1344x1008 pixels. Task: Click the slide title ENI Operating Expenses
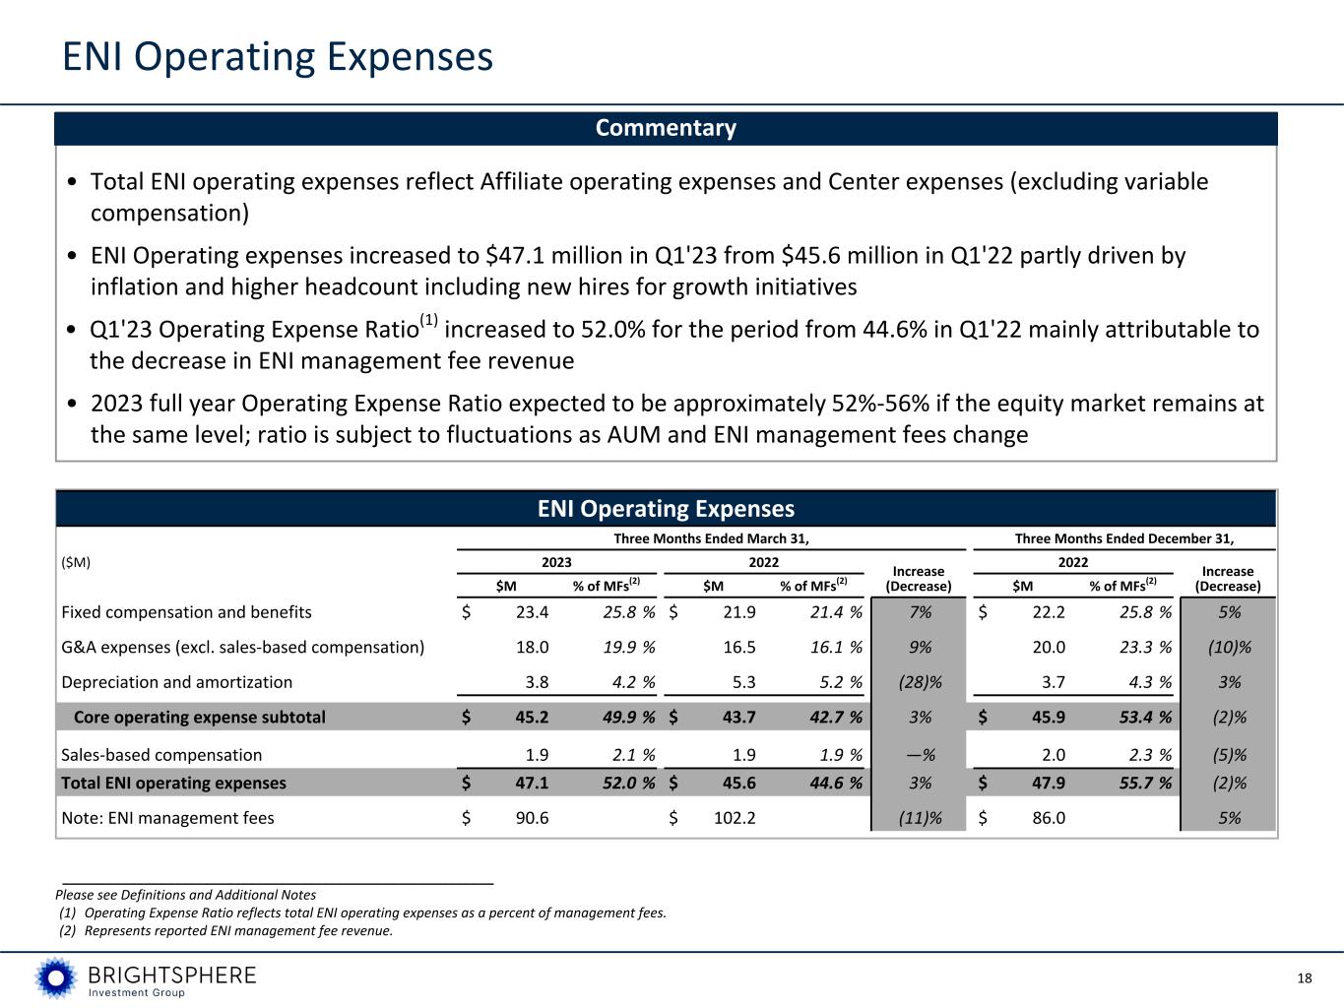pyautogui.click(x=277, y=57)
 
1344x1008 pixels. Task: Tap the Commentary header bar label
pyautogui.click(x=666, y=128)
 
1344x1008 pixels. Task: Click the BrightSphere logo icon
pyautogui.click(x=56, y=977)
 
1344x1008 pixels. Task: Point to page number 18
pyautogui.click(x=1305, y=977)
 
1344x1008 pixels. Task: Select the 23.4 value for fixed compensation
pyautogui.click(x=532, y=612)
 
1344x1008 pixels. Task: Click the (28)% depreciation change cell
pyautogui.click(x=918, y=682)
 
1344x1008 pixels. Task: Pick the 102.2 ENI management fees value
pyautogui.click(x=735, y=818)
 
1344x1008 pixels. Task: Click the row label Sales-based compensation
pyautogui.click(x=161, y=755)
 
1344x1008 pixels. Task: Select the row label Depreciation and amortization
pyautogui.click(x=176, y=682)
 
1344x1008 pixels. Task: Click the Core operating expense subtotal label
pyautogui.click(x=199, y=717)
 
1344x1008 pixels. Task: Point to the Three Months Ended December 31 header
pyautogui.click(x=1124, y=538)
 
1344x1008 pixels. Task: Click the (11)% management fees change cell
pyautogui.click(x=918, y=818)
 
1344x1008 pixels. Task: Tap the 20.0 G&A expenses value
pyautogui.click(x=1048, y=648)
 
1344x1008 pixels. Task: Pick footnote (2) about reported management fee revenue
pyautogui.click(x=226, y=931)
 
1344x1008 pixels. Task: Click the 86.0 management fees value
pyautogui.click(x=1048, y=818)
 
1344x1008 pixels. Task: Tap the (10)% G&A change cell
pyautogui.click(x=1228, y=648)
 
